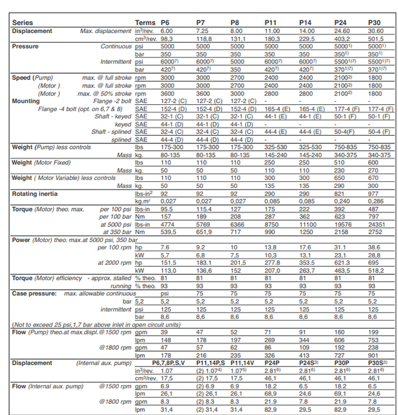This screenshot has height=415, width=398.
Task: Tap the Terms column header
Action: tap(145, 23)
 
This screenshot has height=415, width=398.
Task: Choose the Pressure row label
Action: tap(25, 47)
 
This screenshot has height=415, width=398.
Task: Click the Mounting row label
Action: tap(27, 100)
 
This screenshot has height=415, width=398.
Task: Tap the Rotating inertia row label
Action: tap(35, 194)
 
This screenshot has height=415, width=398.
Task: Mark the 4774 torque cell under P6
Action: tap(168, 224)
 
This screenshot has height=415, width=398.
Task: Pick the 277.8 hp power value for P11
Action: tap(272, 263)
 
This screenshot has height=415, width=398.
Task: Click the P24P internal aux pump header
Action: tap(272, 362)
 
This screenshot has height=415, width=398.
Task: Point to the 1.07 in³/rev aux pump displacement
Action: tap(167, 370)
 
